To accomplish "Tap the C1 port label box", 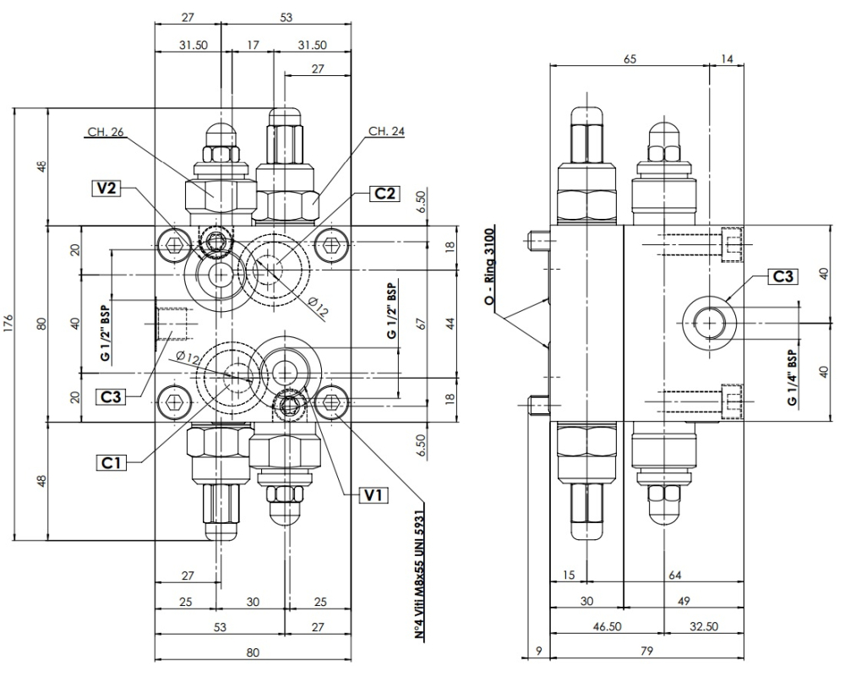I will coord(111,461).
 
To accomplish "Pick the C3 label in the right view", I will coord(782,276).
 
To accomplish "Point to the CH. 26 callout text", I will coord(105,132).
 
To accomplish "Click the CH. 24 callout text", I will coord(387,132).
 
